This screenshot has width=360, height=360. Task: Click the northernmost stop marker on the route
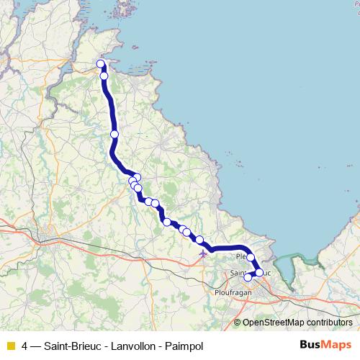point(101,64)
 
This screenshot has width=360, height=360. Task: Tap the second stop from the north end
point(104,76)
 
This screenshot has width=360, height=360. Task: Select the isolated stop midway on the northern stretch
point(114,134)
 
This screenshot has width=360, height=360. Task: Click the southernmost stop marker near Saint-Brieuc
point(248,277)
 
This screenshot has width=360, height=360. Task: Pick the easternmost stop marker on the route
point(259,273)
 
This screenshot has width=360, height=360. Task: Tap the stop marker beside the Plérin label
point(251,257)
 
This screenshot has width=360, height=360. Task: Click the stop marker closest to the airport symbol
point(199,240)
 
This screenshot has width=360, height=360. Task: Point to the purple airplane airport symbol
point(204,253)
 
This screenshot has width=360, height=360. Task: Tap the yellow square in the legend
point(10,345)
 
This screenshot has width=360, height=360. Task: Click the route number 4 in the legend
point(25,345)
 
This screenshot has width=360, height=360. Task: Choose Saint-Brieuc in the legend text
point(71,345)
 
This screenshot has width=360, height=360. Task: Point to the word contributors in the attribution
point(328,323)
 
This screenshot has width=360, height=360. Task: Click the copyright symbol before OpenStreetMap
point(237,323)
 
